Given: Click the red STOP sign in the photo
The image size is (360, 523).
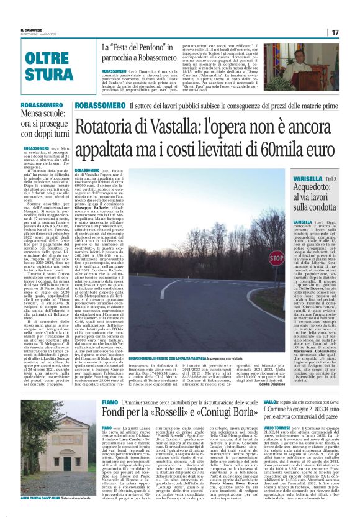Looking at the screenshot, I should [258, 257].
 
